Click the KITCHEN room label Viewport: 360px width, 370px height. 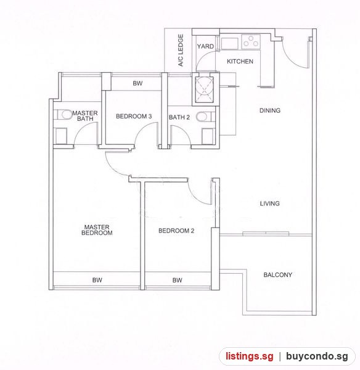240,61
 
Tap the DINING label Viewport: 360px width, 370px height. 270,110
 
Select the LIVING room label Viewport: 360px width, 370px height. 269,203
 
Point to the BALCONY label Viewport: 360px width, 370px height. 277,274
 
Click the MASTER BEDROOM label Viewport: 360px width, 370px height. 97,230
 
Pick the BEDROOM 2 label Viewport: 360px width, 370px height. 176,231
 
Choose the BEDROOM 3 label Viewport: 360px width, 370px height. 134,117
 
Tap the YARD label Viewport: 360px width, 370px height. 205,46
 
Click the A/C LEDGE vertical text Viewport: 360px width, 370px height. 181,51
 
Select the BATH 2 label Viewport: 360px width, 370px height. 179,117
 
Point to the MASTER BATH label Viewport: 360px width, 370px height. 85,116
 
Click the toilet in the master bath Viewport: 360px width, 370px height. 63,115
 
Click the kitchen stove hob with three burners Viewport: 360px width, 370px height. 251,41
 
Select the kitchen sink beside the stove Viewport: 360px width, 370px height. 229,43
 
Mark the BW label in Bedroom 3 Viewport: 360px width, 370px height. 137,83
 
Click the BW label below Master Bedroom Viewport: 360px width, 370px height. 97,280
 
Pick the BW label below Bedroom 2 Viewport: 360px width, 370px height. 177,280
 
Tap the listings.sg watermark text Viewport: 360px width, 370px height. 250,356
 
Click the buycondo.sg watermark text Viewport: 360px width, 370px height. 317,356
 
